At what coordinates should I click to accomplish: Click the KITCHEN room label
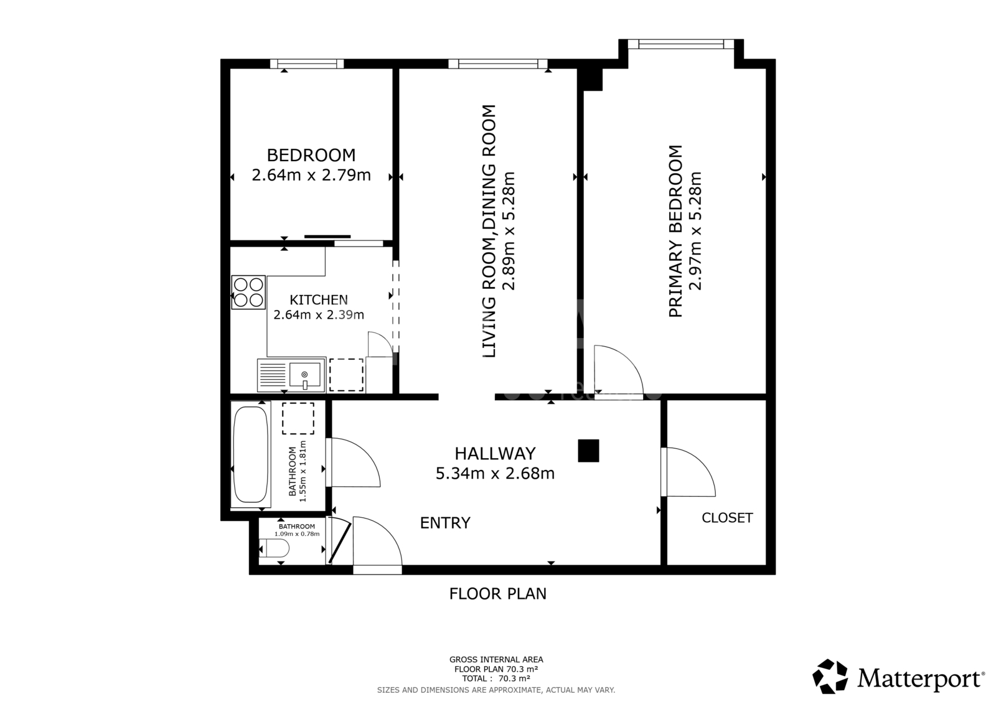coord(318,300)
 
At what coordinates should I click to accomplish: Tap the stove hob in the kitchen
coord(248,292)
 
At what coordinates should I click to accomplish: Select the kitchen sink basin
coord(304,375)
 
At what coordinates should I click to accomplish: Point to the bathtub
coord(250,454)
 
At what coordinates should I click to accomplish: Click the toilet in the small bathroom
coord(274,549)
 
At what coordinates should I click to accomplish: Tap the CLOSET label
coord(727,518)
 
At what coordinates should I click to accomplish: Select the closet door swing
coord(688,472)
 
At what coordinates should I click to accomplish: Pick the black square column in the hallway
coord(588,451)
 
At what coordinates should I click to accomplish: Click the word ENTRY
coord(445,523)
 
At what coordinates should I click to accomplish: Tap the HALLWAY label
coord(495,454)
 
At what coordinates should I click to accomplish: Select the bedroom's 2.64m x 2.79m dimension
coord(311,175)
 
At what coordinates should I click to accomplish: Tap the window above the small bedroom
coord(307,64)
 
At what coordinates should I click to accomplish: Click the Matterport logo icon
coord(830,676)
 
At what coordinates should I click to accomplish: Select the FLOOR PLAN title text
coord(497,594)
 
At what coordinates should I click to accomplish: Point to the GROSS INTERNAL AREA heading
coord(496,660)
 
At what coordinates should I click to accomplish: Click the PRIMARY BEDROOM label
coord(675,231)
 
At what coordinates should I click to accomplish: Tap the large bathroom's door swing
coord(354,462)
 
